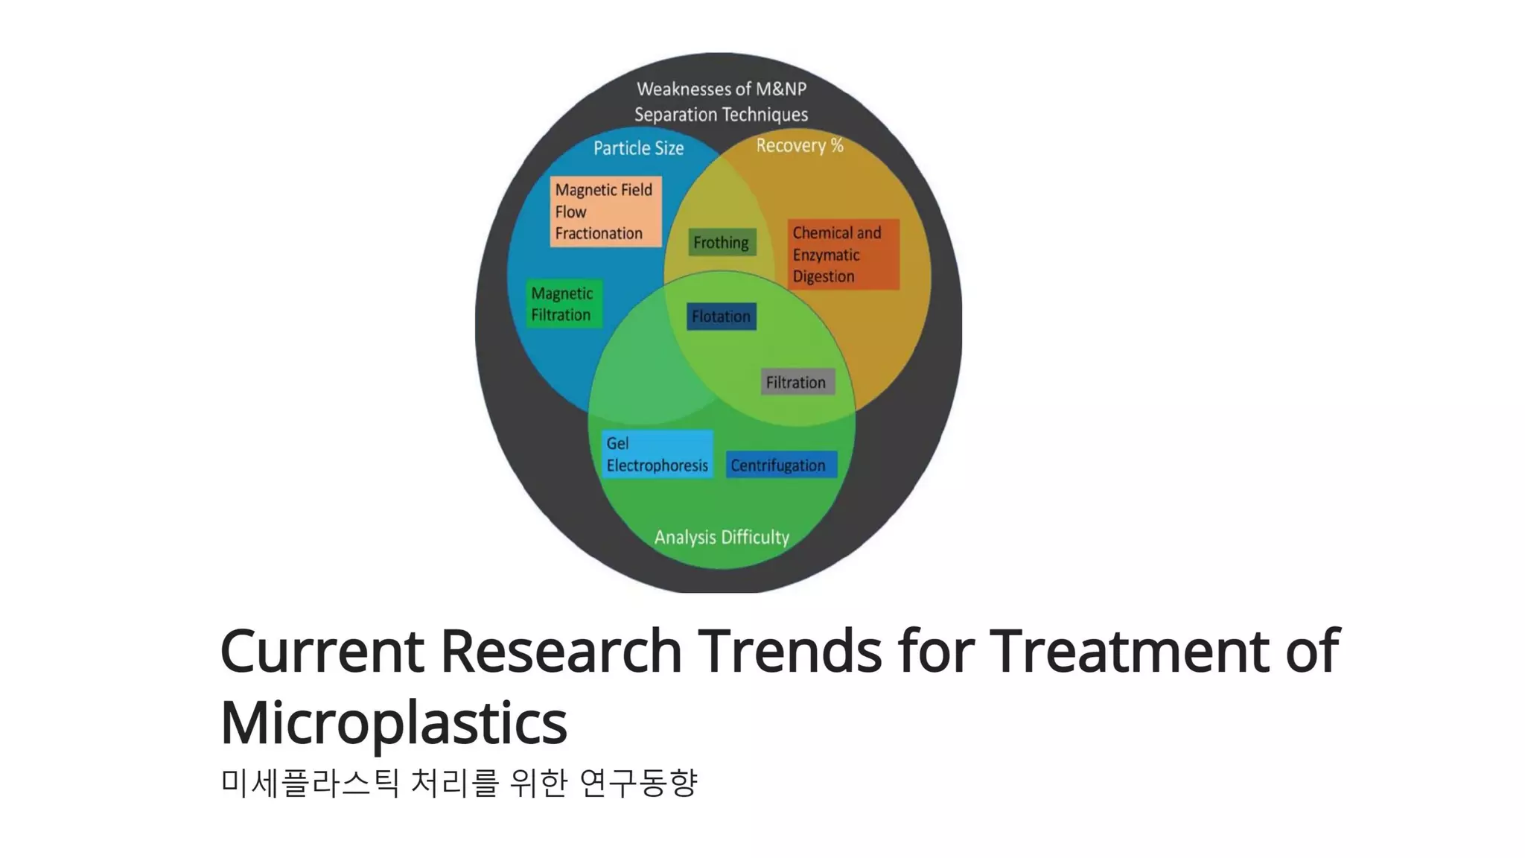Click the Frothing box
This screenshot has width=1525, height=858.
(722, 242)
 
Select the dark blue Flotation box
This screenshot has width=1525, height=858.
(721, 317)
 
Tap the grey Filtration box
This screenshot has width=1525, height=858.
(797, 382)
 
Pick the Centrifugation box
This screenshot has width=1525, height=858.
(780, 465)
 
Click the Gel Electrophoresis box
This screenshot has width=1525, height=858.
(657, 454)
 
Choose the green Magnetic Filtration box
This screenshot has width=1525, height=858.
(564, 304)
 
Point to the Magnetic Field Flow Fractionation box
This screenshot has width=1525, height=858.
(605, 212)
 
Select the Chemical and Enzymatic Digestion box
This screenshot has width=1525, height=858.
(843, 254)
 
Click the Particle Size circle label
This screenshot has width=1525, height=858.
(638, 148)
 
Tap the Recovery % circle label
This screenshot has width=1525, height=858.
(800, 145)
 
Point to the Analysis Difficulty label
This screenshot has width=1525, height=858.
(722, 537)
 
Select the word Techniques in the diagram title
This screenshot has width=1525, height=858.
(769, 115)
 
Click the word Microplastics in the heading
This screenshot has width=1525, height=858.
(394, 722)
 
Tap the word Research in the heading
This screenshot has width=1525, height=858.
(561, 651)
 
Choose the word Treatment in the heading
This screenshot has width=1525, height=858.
(1131, 651)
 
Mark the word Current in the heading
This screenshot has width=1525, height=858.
(322, 651)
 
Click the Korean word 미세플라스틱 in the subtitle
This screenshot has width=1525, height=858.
(310, 783)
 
